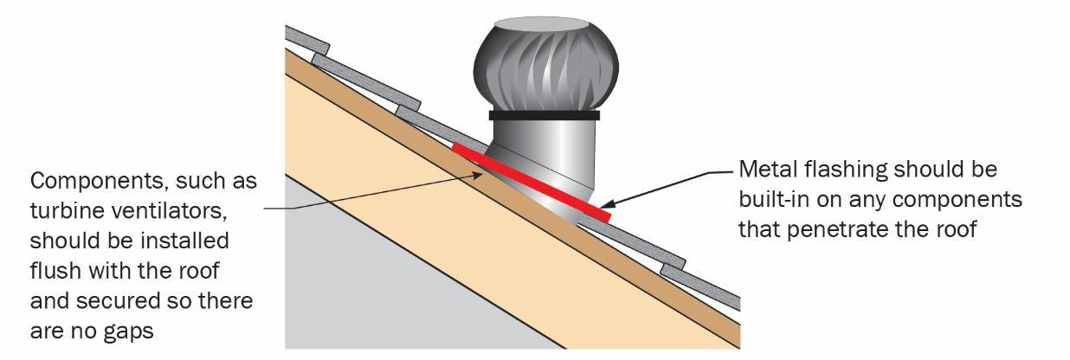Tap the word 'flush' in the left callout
[x=59, y=272]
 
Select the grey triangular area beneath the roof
[x=364, y=286]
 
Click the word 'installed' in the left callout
[x=184, y=242]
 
